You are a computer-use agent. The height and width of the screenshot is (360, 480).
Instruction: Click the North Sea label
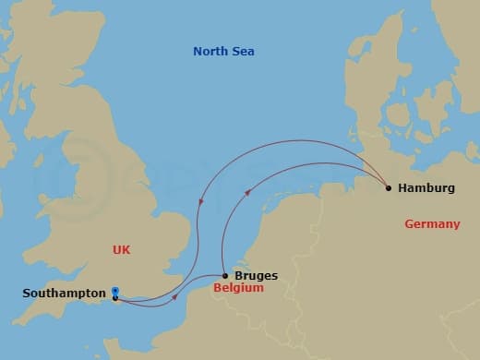tap(223, 52)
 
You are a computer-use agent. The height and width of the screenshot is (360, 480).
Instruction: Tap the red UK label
tap(122, 249)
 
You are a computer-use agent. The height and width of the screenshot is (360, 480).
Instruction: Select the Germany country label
tap(431, 224)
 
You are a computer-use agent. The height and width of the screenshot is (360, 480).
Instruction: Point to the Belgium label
tap(237, 288)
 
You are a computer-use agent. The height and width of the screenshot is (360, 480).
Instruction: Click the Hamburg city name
tap(427, 188)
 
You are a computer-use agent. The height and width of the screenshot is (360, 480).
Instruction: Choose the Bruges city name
tap(256, 275)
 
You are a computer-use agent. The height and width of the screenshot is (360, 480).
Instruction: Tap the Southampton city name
tap(63, 294)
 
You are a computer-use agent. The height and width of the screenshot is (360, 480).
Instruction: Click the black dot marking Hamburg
tap(389, 188)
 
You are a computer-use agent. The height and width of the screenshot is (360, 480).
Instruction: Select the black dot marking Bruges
tap(226, 275)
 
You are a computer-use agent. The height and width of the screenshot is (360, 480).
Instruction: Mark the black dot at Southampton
tap(114, 297)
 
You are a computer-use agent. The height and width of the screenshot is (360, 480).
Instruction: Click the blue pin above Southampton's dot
tap(114, 291)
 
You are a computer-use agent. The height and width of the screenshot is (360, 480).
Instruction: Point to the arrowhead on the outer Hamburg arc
tap(201, 204)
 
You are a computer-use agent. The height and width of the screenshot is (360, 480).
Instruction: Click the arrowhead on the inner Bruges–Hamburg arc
tap(246, 193)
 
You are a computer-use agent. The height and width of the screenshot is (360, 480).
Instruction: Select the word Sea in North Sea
tap(242, 52)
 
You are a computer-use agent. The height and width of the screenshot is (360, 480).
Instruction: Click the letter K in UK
tap(126, 249)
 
